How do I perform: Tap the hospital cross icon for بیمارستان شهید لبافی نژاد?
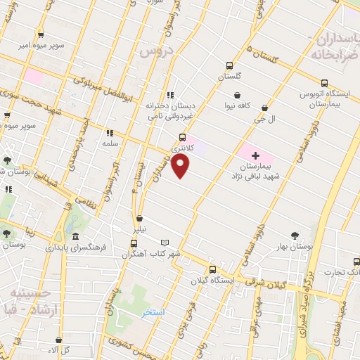click(255, 155)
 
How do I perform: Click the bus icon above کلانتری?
click(183, 138)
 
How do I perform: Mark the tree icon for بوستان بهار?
click(295, 236)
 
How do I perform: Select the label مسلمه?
click(109, 143)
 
